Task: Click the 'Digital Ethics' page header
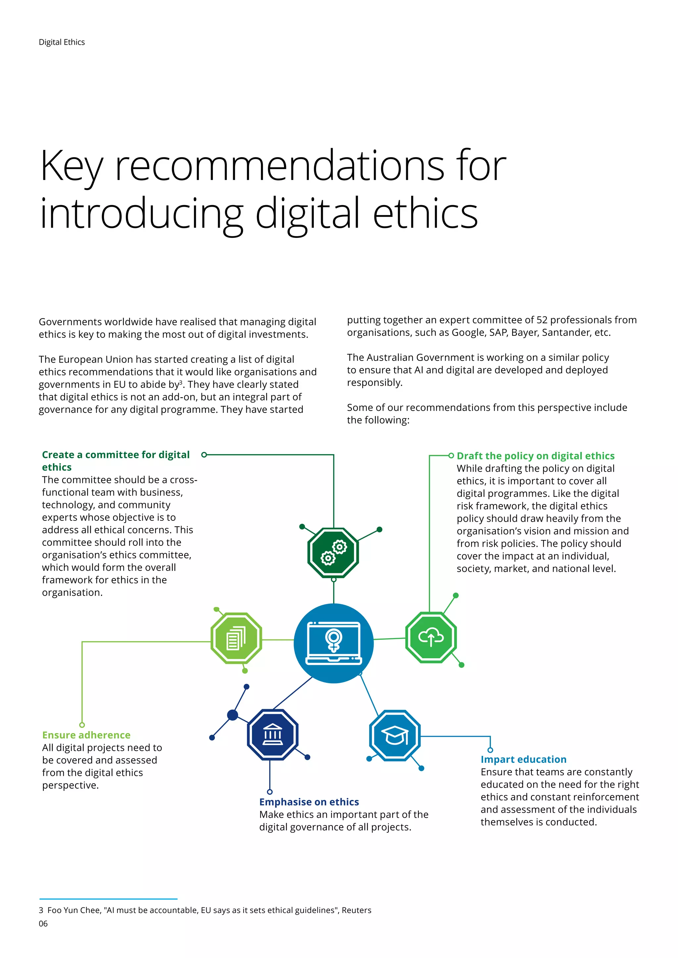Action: [x=62, y=42]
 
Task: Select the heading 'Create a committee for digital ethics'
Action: [x=116, y=461]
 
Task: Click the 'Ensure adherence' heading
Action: [x=86, y=735]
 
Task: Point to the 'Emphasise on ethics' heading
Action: [x=309, y=802]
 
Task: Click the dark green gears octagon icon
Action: [x=333, y=552]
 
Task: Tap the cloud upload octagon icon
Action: [x=431, y=637]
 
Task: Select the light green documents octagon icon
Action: [x=236, y=638]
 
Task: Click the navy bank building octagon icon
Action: [x=272, y=734]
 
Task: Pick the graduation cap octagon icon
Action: [x=395, y=735]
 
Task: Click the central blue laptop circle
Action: [x=334, y=643]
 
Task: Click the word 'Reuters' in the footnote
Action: [x=356, y=910]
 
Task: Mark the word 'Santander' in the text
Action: [x=565, y=332]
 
